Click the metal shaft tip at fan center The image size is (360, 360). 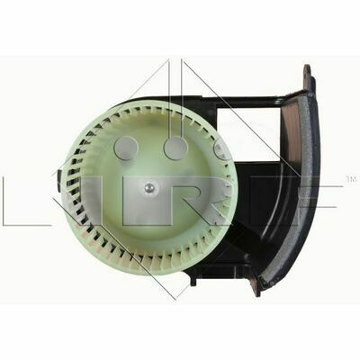click(149, 188)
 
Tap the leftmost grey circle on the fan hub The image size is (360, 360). click(126, 148)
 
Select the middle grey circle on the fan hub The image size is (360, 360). click(175, 148)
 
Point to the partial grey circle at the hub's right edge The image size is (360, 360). click(221, 148)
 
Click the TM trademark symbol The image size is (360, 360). click(351, 180)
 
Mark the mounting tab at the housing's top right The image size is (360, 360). click(309, 76)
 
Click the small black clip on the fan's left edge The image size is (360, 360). click(59, 180)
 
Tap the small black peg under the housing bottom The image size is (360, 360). click(193, 280)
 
